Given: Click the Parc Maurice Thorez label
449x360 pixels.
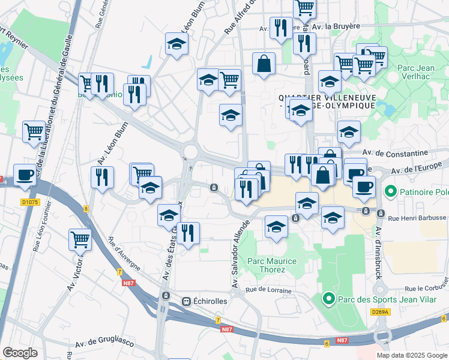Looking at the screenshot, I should click(x=272, y=265).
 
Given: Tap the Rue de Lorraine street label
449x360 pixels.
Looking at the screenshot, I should click(x=268, y=290).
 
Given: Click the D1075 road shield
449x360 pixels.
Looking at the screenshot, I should click(x=29, y=202).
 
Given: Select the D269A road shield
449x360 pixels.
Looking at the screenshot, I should click(x=380, y=311).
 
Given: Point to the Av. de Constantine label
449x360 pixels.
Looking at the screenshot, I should click(x=400, y=153).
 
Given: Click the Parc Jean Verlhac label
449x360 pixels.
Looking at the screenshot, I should click(x=415, y=73).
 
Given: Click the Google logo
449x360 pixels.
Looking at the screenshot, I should click(x=20, y=353).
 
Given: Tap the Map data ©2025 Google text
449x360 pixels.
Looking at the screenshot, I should click(x=411, y=355).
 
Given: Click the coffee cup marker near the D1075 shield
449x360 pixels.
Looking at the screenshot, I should click(x=25, y=175).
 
